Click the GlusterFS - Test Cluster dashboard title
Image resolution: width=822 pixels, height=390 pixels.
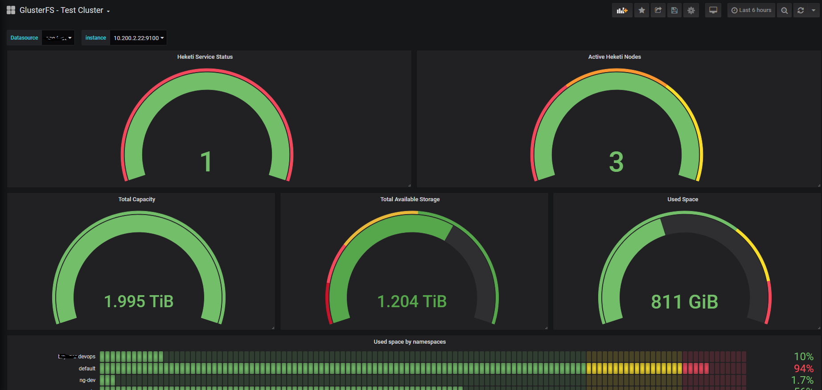[x=62, y=10]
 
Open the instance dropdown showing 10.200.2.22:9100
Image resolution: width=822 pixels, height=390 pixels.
[x=138, y=38]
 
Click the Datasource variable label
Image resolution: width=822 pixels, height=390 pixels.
[x=25, y=38]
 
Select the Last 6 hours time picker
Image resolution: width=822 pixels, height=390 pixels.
[x=751, y=10]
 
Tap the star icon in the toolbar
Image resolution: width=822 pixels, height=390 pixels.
[x=641, y=10]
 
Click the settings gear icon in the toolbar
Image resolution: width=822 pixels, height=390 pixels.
[x=691, y=10]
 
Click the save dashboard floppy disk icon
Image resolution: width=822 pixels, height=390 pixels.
[x=674, y=10]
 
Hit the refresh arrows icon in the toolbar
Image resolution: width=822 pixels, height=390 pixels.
[x=801, y=10]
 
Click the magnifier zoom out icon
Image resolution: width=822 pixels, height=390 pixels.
[x=784, y=10]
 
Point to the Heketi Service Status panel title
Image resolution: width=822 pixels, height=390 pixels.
[x=205, y=57]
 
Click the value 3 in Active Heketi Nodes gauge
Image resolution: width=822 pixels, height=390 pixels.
[x=616, y=162]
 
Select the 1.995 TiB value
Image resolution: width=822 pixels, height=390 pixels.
[x=139, y=301]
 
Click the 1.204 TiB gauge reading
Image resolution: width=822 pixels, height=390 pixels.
[x=412, y=301]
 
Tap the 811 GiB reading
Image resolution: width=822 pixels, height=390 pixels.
[x=684, y=302]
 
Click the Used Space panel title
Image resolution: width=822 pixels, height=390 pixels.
[x=682, y=199]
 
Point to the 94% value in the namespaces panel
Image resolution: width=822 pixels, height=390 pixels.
[x=803, y=369]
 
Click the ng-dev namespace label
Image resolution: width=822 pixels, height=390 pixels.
[x=87, y=380]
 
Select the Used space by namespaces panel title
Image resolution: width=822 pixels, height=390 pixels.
[x=410, y=342]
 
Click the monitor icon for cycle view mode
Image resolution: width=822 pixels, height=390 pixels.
[x=713, y=10]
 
